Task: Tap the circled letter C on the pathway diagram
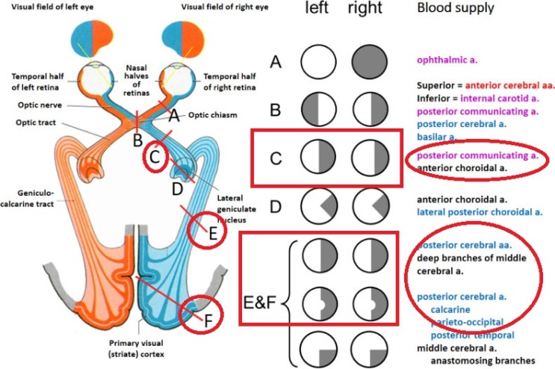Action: pyautogui.click(x=155, y=158)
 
